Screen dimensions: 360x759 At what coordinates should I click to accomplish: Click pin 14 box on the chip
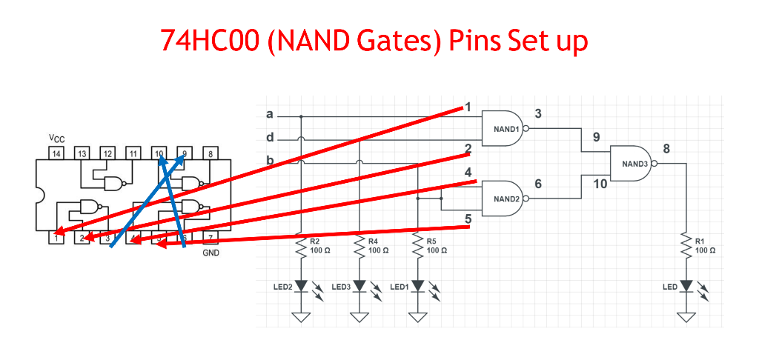[55, 154]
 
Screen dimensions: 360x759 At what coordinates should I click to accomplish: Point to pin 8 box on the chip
[211, 154]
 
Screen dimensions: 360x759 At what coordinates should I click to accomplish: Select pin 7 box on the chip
[211, 238]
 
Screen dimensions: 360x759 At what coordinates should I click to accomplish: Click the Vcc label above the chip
[56, 139]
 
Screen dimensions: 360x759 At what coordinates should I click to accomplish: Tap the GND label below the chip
[211, 253]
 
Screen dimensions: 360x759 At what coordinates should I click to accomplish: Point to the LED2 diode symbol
[300, 286]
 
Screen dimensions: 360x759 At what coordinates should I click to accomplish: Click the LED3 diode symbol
[359, 286]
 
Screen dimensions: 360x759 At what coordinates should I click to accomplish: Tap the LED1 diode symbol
[418, 286]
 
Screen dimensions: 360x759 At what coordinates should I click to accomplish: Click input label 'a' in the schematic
[269, 115]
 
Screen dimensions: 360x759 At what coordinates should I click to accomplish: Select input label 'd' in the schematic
[269, 138]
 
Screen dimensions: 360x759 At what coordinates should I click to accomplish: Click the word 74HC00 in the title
[208, 41]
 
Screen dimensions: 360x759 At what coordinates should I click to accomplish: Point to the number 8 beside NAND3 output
[666, 149]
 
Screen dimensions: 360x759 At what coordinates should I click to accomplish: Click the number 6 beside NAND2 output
[538, 184]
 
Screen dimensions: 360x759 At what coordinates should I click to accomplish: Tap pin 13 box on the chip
[81, 154]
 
